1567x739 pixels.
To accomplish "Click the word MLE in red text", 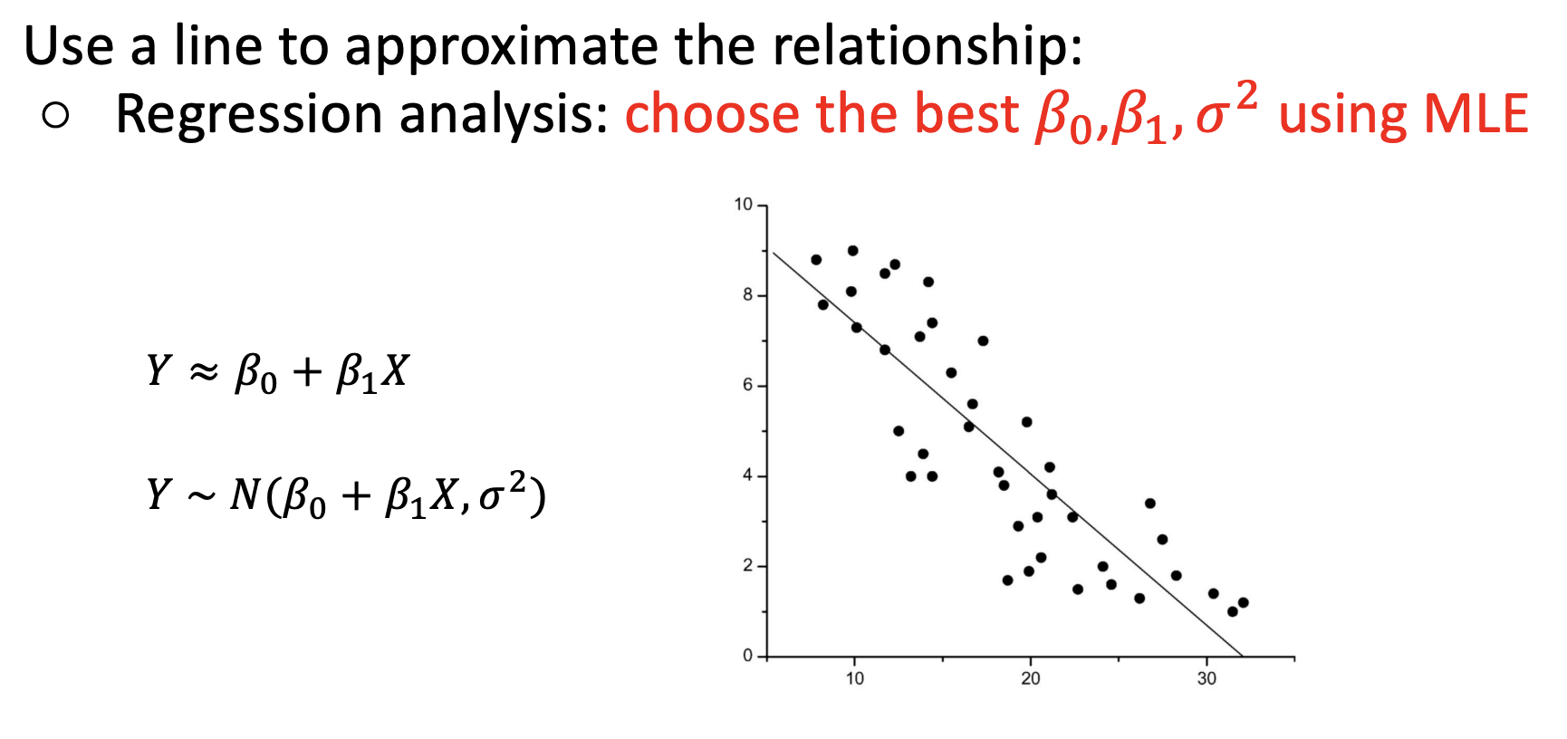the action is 1476,115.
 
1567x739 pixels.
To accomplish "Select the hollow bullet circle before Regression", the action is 55,115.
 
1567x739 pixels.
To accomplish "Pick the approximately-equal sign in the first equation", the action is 204,370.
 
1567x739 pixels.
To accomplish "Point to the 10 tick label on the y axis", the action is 744,205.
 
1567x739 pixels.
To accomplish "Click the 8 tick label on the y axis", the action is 747,294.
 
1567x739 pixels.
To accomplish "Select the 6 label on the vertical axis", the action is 747,385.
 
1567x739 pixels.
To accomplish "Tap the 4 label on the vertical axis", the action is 747,475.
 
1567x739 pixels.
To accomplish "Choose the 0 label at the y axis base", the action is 747,655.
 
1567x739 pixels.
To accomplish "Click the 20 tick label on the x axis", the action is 1031,679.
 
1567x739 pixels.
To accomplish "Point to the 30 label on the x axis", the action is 1206,679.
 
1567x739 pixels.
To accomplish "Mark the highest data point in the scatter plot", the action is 852,251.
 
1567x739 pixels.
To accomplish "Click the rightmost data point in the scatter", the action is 1243,602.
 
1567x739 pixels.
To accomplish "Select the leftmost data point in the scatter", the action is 816,260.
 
